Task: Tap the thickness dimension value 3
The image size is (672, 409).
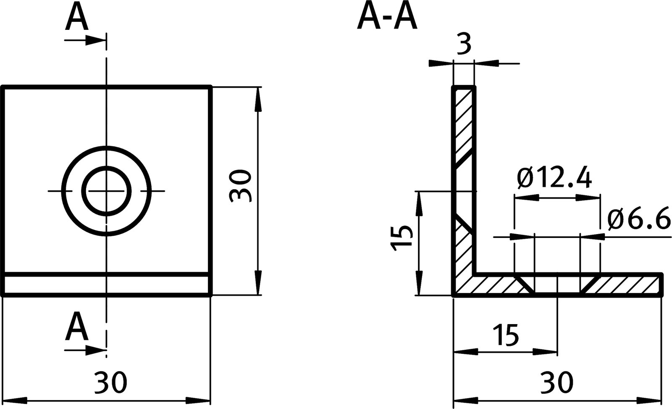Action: point(463,44)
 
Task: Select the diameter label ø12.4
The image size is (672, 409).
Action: point(554,179)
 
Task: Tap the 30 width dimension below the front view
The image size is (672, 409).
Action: point(110,383)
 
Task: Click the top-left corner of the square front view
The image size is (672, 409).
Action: point(3,87)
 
